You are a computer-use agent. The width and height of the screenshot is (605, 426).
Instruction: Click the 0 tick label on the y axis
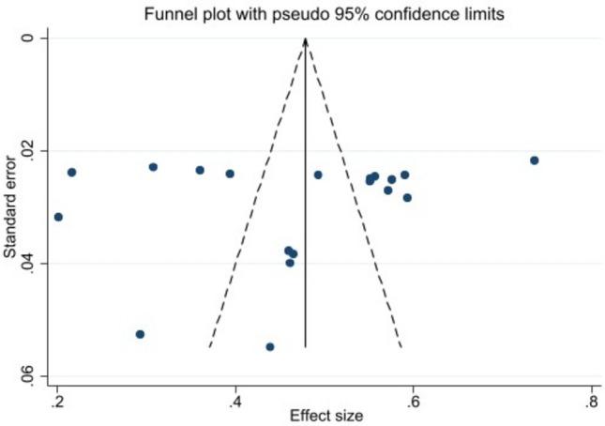click(x=28, y=38)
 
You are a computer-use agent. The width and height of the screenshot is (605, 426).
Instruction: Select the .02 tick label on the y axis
click(x=28, y=151)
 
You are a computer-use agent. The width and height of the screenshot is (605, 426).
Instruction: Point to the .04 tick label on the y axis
click(x=28, y=263)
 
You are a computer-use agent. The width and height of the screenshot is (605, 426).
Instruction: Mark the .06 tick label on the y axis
click(x=28, y=375)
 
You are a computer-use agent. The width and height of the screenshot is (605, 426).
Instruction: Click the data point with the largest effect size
click(x=534, y=160)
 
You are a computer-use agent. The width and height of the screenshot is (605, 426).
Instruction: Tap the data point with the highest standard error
click(x=270, y=346)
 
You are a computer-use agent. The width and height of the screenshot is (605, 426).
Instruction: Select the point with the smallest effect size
click(x=58, y=217)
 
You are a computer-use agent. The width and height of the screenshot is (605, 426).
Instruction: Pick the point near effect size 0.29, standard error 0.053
click(x=140, y=334)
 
